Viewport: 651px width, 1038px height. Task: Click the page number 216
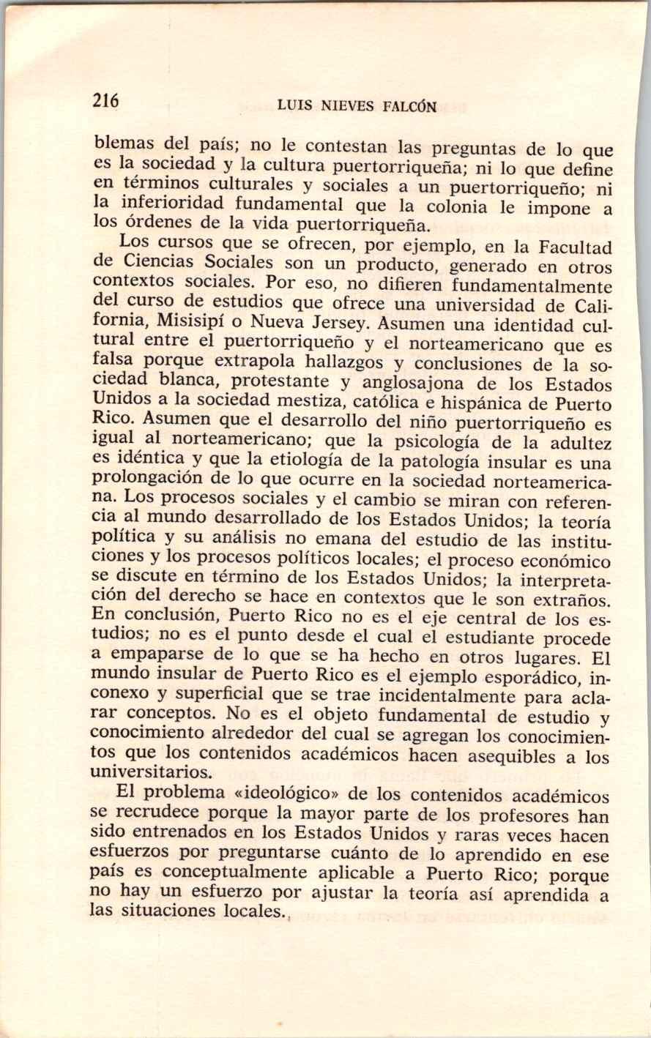(105, 101)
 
